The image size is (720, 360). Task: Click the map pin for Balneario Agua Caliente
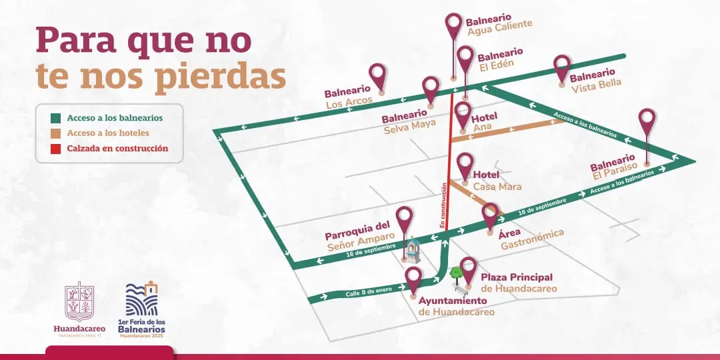click(454, 25)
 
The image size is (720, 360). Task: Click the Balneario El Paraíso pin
click(647, 121)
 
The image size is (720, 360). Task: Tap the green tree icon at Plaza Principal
click(456, 272)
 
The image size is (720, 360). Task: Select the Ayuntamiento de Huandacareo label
click(457, 306)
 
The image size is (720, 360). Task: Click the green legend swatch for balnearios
click(57, 118)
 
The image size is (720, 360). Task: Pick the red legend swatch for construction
click(57, 149)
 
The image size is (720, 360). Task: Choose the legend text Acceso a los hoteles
click(108, 133)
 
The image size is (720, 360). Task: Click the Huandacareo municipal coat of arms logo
click(79, 302)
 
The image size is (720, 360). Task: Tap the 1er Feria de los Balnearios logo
click(141, 307)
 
